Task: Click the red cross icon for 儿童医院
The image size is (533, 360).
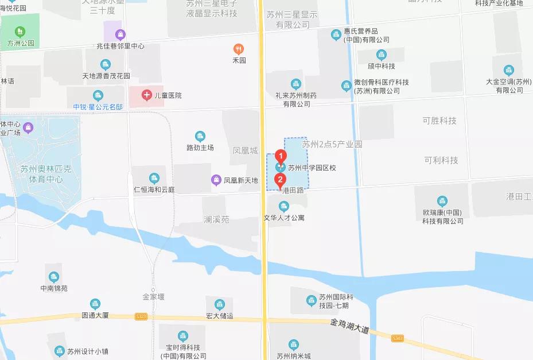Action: (x=147, y=94)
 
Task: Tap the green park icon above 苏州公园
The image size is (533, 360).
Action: (x=21, y=31)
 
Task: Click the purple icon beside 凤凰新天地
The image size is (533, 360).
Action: (x=216, y=180)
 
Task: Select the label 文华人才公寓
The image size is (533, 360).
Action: (x=284, y=218)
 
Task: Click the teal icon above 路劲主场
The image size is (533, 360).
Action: (x=200, y=136)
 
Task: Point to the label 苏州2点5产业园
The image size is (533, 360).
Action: (x=332, y=145)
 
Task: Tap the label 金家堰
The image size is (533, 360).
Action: (x=154, y=297)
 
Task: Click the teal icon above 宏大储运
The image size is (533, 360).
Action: (x=219, y=304)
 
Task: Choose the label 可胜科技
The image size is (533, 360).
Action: (x=440, y=121)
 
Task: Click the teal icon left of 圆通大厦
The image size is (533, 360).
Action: (x=95, y=304)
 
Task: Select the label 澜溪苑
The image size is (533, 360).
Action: (x=216, y=219)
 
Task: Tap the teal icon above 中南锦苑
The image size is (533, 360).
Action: (x=53, y=277)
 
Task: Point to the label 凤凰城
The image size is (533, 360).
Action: (x=245, y=151)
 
